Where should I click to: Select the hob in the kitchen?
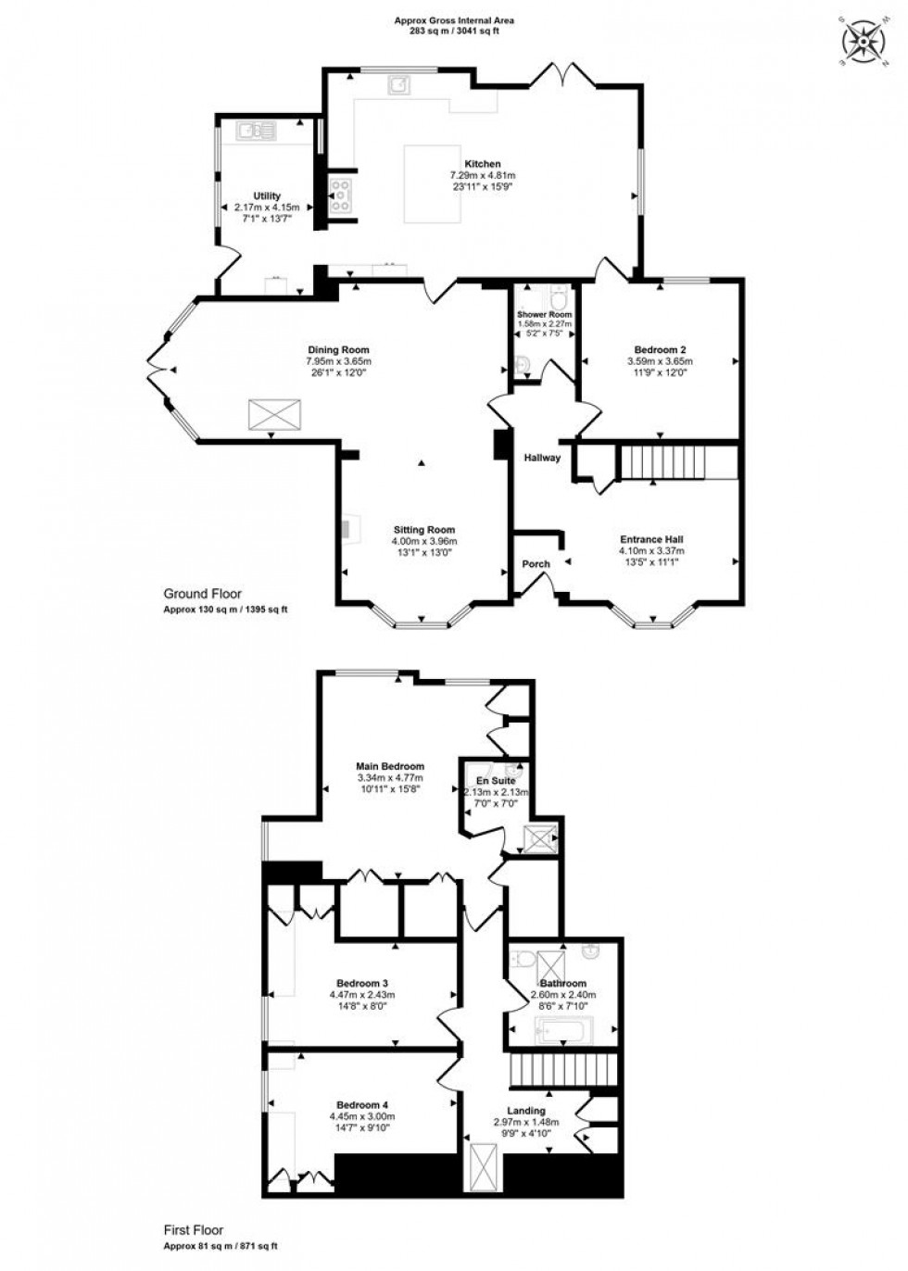(339, 196)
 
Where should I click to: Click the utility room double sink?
(252, 132)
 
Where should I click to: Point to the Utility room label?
(268, 195)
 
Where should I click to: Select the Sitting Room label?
(424, 530)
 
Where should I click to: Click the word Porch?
(536, 563)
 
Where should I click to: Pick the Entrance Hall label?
(651, 538)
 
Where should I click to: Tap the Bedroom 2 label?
(660, 349)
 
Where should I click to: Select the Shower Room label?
(544, 315)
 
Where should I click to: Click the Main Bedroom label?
(390, 766)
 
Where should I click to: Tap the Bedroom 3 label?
(361, 983)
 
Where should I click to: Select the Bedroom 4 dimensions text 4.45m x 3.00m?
(361, 1116)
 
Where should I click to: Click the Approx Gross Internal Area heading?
(454, 19)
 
